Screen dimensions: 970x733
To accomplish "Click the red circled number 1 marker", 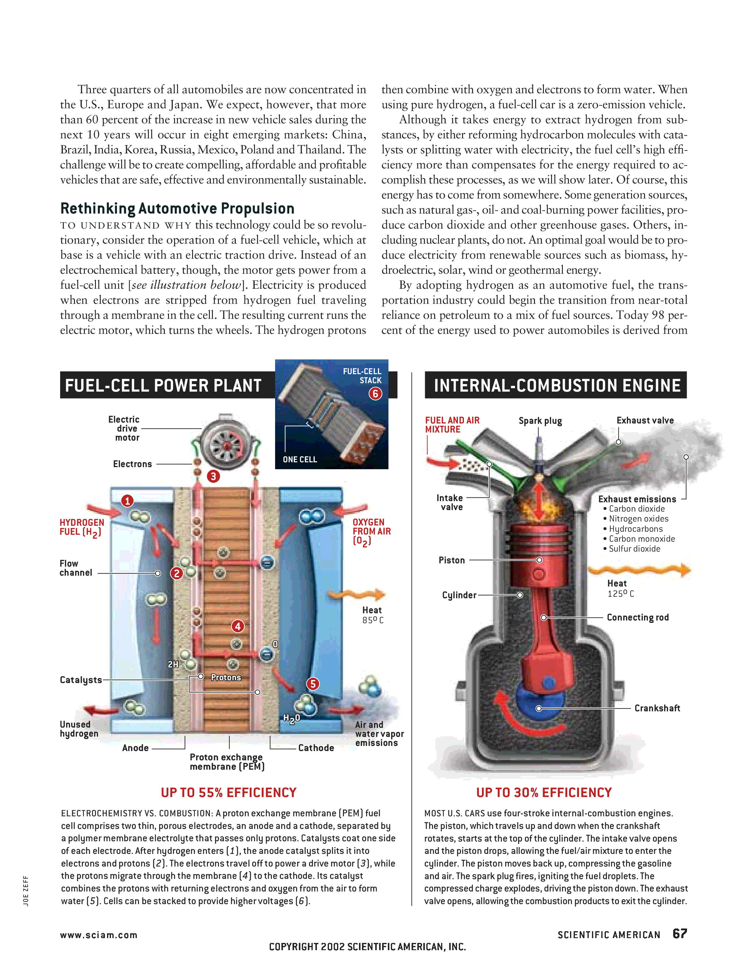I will point(127,500).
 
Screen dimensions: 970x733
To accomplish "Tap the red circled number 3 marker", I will point(213,476).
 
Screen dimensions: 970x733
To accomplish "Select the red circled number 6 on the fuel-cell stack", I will point(375,393).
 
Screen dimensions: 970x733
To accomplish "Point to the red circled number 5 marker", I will point(313,683).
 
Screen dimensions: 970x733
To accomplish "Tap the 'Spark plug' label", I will point(540,420).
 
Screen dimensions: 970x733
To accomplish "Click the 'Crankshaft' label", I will point(657,708).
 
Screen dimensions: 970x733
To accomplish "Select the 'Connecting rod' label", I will point(637,617).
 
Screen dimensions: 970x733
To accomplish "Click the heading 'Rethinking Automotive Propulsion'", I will point(177,208).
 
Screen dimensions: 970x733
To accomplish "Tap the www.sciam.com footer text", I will point(99,935).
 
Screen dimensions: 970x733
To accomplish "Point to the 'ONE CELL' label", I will point(300,459).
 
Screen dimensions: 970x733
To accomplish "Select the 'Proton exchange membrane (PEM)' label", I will point(227,762).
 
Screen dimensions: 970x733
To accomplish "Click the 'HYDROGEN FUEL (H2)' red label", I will point(81,527).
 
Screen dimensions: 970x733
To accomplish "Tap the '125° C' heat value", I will point(620,594).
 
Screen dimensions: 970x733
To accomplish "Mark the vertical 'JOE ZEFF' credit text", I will point(26,890).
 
